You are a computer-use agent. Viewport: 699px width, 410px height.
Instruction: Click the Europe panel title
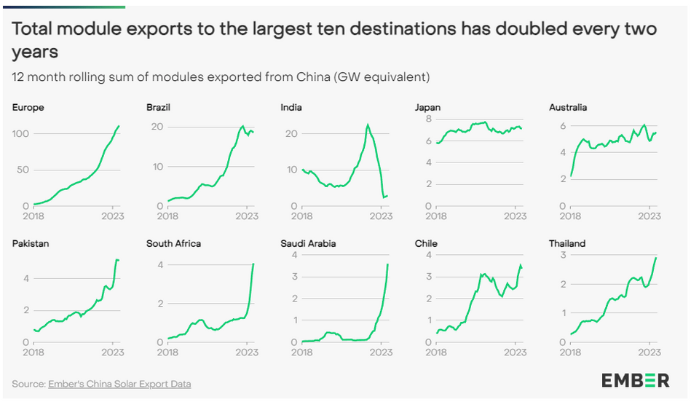pos(28,108)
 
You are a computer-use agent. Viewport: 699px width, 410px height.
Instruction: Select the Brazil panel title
pos(158,108)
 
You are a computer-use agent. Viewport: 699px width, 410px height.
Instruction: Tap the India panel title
pos(291,108)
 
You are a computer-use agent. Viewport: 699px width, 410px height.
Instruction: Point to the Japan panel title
pos(427,108)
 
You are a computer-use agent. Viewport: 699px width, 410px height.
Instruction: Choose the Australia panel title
pos(568,108)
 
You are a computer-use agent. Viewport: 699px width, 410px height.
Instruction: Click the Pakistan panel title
pos(31,244)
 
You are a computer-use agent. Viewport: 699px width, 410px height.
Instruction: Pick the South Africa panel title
pos(173,244)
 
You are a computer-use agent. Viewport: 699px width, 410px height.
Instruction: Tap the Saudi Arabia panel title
pos(308,244)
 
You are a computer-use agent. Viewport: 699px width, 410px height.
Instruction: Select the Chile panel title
pos(426,244)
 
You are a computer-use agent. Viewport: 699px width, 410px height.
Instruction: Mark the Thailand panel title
pos(567,244)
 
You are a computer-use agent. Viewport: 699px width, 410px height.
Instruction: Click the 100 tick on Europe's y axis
pos(21,134)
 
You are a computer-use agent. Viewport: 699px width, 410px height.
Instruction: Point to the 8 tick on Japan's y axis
pos(430,119)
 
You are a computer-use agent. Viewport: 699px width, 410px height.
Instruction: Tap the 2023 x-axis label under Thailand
pos(648,352)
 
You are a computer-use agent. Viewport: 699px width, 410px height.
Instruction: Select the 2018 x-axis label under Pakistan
pos(34,352)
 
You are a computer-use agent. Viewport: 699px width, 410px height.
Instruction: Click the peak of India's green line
pos(368,125)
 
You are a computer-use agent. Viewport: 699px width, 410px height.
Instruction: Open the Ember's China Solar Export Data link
pos(119,384)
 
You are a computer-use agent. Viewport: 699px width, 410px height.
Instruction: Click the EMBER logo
pos(635,380)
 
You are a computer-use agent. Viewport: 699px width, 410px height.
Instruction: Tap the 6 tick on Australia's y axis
pos(563,126)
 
